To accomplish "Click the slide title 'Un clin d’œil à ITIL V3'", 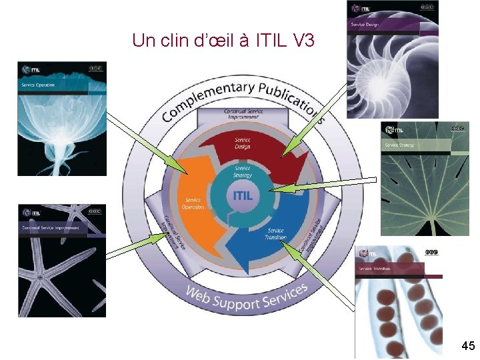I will pos(223,41).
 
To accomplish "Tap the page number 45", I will pos(467,345).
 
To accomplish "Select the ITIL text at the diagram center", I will pos(242,196).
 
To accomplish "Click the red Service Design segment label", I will pos(243,143).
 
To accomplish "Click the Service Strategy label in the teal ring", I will pos(243,172).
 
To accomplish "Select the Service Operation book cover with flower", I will pos(61,119).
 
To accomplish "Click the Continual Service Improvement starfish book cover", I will pos(61,261).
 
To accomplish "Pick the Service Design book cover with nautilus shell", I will pos(392,59).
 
